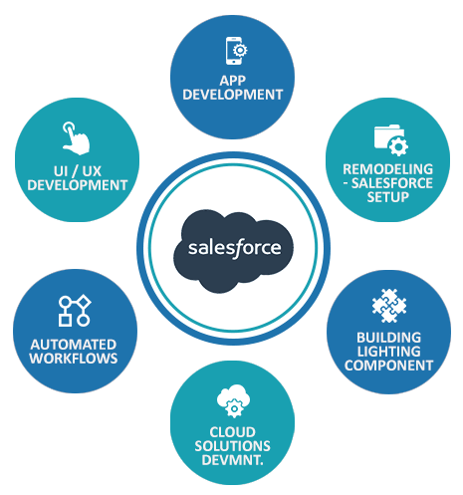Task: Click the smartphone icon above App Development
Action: pyautogui.click(x=236, y=51)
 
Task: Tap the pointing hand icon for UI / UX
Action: pyautogui.click(x=76, y=138)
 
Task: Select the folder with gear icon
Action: pyautogui.click(x=390, y=140)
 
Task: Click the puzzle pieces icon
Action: pyautogui.click(x=389, y=306)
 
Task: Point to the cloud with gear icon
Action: pyautogui.click(x=233, y=400)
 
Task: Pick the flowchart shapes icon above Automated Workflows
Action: pyautogui.click(x=75, y=311)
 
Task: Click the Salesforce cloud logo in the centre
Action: pyautogui.click(x=233, y=251)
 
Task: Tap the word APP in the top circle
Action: pyautogui.click(x=233, y=81)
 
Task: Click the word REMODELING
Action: pyautogui.click(x=387, y=169)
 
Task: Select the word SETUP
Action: pyautogui.click(x=387, y=197)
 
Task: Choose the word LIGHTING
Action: pyautogui.click(x=389, y=352)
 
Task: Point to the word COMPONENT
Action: pyautogui.click(x=388, y=366)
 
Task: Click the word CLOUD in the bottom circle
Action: pyautogui.click(x=232, y=432)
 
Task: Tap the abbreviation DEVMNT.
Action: pyautogui.click(x=232, y=460)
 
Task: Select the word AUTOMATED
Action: pyautogui.click(x=74, y=345)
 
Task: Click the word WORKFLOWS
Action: pyautogui.click(x=74, y=359)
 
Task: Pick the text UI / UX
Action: pyautogui.click(x=78, y=171)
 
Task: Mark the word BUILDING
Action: pyautogui.click(x=389, y=338)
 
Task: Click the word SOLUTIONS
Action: pyautogui.click(x=232, y=446)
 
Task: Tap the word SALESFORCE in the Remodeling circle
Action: pyautogui.click(x=392, y=183)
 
